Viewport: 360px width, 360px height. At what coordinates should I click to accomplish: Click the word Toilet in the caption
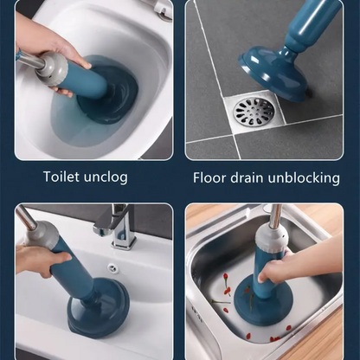click(x=61, y=176)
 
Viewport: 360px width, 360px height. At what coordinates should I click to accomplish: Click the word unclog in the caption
click(x=106, y=177)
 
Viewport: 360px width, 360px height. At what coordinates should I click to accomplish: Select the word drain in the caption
click(x=247, y=177)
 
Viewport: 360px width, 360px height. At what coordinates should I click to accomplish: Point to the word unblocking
click(x=304, y=178)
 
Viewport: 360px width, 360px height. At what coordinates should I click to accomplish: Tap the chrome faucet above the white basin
click(x=119, y=226)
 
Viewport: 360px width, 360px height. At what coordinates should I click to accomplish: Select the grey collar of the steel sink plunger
click(x=271, y=236)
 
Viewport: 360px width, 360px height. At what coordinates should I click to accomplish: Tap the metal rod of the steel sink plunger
click(x=277, y=214)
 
